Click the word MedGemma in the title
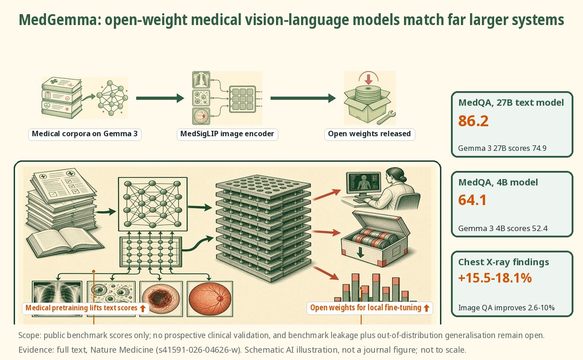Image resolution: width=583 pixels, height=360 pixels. pos(58,20)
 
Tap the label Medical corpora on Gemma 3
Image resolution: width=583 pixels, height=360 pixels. pos(85,134)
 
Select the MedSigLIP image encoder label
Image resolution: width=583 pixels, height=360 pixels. pos(227,134)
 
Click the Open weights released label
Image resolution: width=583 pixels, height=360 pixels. pos(369,134)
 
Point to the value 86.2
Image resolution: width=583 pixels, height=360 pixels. pos(473,121)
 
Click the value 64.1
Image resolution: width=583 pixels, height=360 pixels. pos(472,201)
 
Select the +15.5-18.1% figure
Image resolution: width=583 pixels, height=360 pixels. pos(495,278)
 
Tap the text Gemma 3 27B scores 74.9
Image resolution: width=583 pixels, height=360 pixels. pos(502,148)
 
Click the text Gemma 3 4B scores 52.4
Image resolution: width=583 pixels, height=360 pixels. pos(502,228)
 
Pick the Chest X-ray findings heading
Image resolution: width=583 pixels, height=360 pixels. pos(504,262)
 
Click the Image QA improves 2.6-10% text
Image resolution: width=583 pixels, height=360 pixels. pos(506,308)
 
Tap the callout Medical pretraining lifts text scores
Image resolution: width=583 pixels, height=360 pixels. pos(85,308)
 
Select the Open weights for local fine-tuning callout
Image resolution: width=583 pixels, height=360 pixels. pos(369,308)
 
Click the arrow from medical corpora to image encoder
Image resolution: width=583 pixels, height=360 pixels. pos(160,98)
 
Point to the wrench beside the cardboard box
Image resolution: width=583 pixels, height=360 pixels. pos(386,118)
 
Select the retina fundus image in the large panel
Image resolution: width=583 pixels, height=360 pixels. pos(210,298)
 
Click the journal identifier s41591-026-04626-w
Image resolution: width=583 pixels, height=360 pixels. pos(198,350)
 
